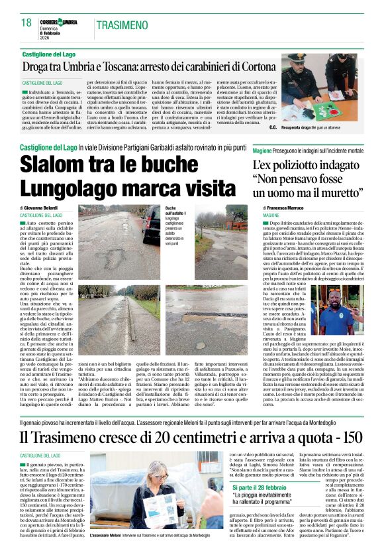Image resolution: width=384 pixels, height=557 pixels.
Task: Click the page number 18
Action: pos(26,23)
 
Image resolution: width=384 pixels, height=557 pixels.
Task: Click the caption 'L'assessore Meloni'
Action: pos(105,534)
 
